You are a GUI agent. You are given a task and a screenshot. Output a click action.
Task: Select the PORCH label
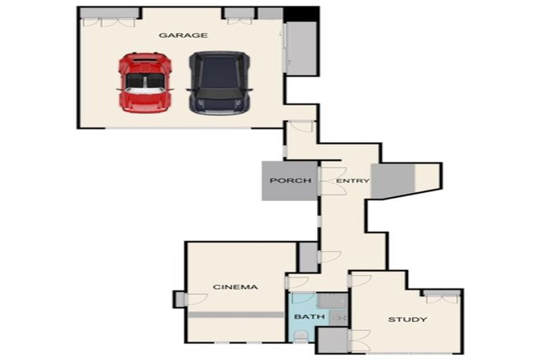coord(290,181)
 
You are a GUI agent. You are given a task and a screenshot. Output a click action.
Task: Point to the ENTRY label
coord(352,181)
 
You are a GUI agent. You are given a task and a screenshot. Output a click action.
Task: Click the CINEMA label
coord(236,287)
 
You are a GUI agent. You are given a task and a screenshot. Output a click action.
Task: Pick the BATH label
coord(309,317)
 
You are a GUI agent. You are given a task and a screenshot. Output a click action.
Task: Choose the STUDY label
coord(407,320)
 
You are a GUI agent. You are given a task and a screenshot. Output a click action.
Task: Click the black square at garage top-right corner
coord(302,13)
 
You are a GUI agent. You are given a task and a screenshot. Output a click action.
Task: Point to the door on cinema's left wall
coord(180,299)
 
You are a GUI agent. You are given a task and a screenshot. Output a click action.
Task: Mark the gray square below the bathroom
coord(333,340)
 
